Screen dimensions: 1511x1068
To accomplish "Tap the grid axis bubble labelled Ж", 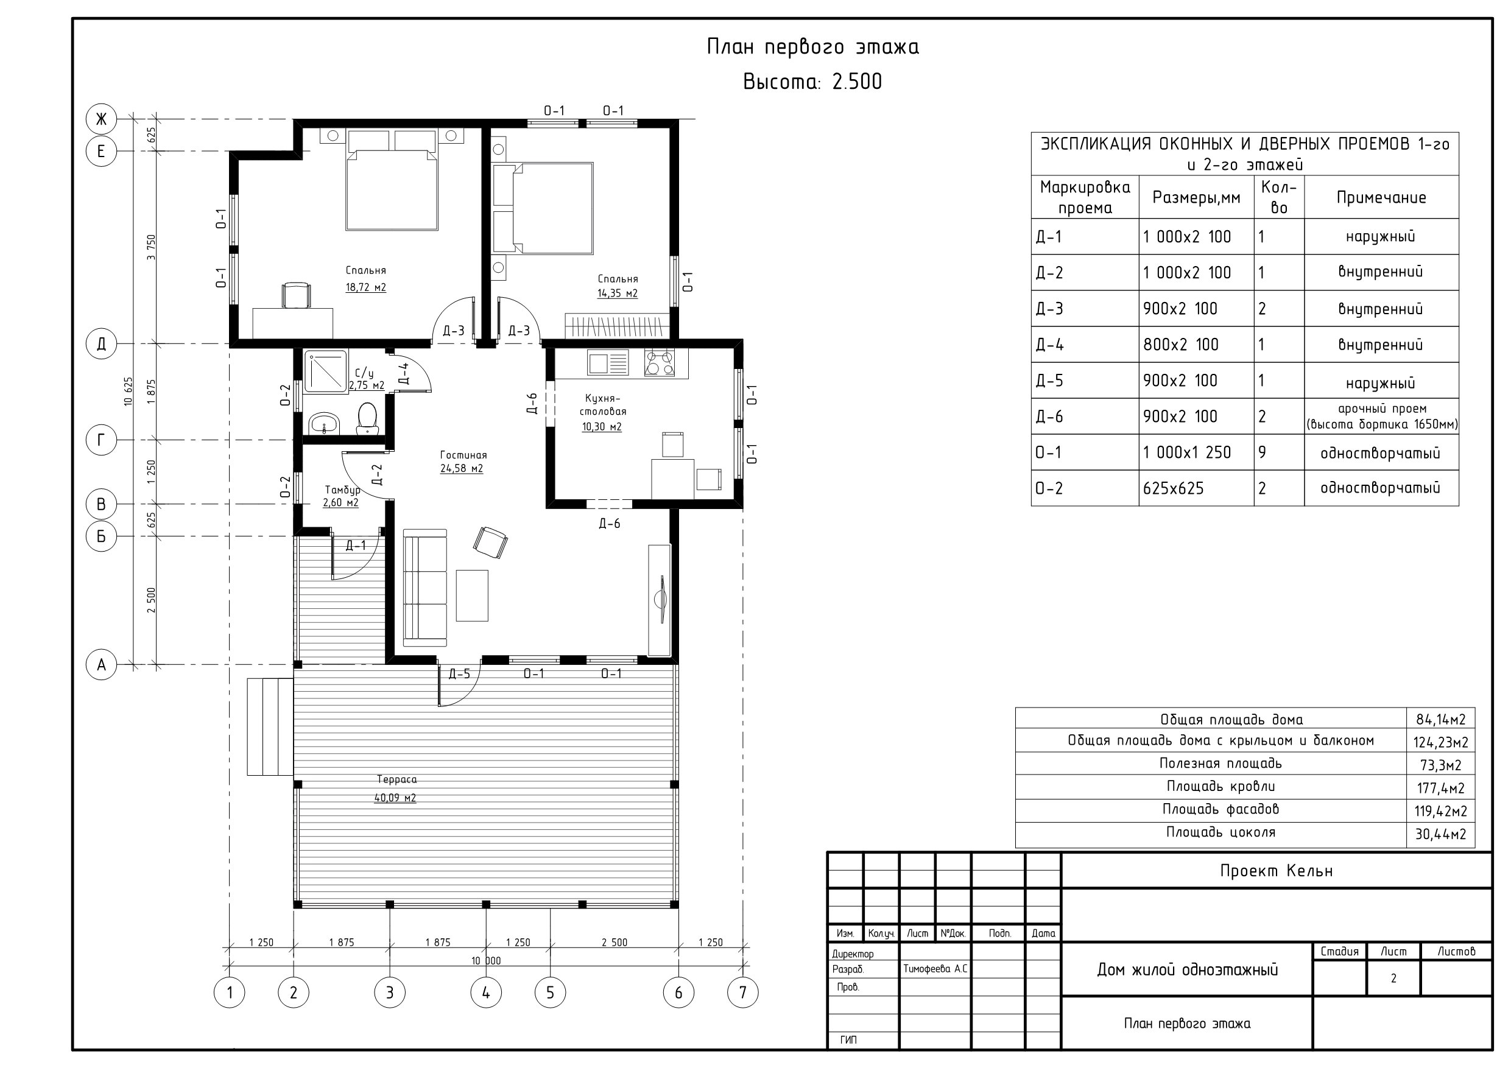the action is pyautogui.click(x=101, y=119).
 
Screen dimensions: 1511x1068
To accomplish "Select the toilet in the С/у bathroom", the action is pyautogui.click(x=367, y=418).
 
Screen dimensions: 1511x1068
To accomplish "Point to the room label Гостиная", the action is pyautogui.click(x=463, y=455).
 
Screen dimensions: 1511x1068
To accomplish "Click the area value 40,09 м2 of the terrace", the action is pyautogui.click(x=395, y=798).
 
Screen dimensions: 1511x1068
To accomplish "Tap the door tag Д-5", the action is pyautogui.click(x=459, y=674).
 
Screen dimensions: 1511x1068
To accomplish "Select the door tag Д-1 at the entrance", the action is pyautogui.click(x=356, y=546).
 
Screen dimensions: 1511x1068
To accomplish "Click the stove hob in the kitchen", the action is pyautogui.click(x=660, y=362).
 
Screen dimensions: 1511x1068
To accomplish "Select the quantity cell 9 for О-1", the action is pyautogui.click(x=1263, y=453).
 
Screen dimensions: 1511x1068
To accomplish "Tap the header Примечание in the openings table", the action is pyautogui.click(x=1381, y=197).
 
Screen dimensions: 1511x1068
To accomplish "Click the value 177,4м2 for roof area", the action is pyautogui.click(x=1440, y=789).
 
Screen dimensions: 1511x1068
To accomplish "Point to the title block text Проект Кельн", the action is pyautogui.click(x=1276, y=871).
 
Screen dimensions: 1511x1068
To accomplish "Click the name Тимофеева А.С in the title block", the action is pyautogui.click(x=935, y=969).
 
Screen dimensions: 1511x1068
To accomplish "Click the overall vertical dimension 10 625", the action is pyautogui.click(x=129, y=391).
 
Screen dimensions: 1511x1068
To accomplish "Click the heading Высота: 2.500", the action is pyautogui.click(x=812, y=82).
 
